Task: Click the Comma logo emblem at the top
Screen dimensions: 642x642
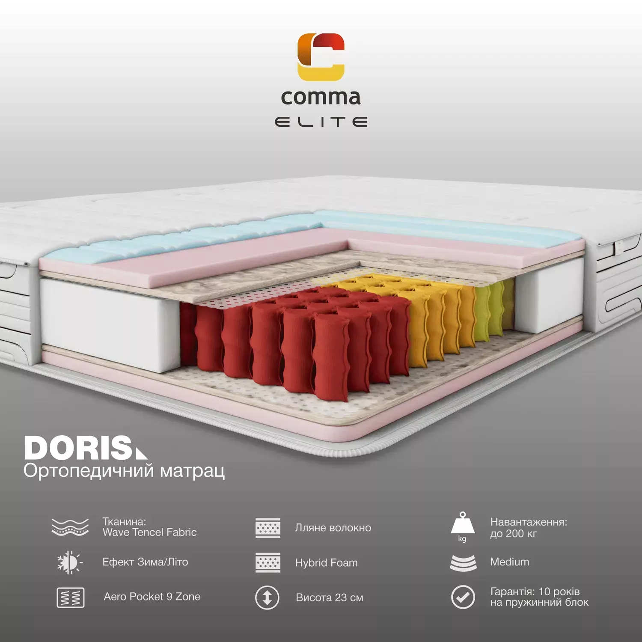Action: [x=321, y=57]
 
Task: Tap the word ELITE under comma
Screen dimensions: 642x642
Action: [x=321, y=122]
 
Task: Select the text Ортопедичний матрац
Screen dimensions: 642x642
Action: [x=124, y=471]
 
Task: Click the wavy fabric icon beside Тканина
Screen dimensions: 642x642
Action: [x=70, y=527]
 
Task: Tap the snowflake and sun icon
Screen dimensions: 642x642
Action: [x=70, y=562]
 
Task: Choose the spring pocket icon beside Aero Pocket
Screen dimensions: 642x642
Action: [x=71, y=597]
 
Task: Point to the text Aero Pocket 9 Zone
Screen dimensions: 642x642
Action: [x=152, y=597]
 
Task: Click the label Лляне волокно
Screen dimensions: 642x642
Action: [x=333, y=528]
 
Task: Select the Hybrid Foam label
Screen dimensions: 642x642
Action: [x=327, y=563]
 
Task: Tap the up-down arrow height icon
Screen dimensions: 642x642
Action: [x=267, y=597]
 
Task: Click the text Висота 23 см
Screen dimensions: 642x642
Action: [x=330, y=598]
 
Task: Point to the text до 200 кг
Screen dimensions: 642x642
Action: [x=514, y=534]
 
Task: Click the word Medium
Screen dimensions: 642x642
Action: [x=510, y=562]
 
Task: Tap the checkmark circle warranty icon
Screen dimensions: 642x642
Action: [x=463, y=597]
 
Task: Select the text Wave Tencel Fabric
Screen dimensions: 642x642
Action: [x=150, y=532]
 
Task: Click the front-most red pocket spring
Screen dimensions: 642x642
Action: [x=332, y=357]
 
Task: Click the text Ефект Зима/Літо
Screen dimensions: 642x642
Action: [x=145, y=562]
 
